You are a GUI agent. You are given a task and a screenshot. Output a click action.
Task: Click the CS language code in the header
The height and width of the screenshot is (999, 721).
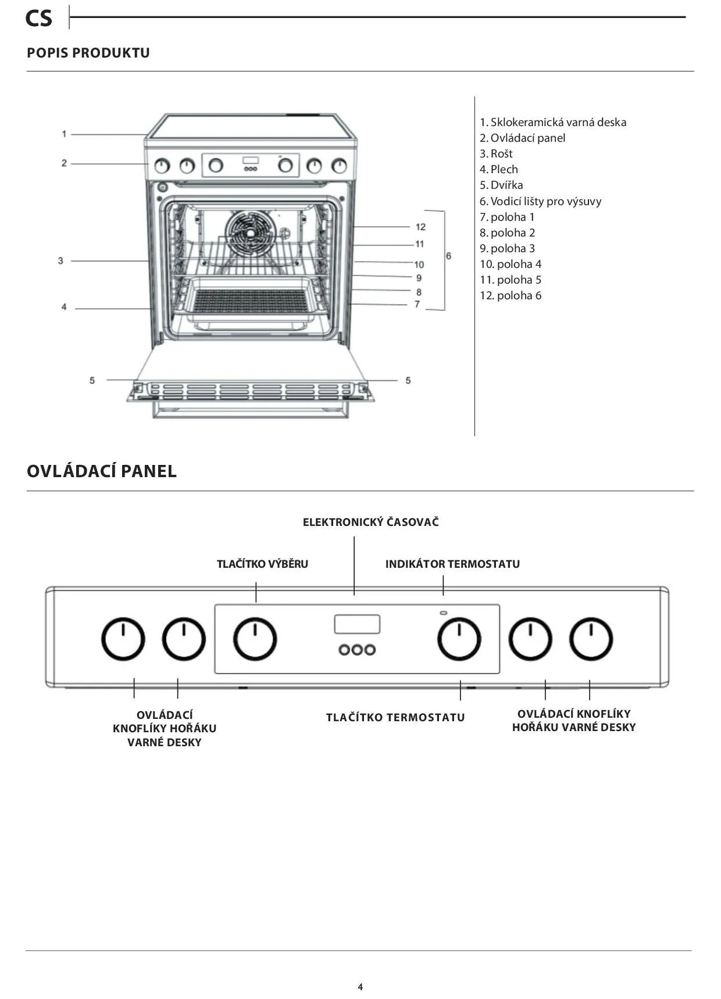(38, 19)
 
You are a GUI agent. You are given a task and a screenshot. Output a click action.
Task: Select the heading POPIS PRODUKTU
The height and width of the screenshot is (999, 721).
(88, 53)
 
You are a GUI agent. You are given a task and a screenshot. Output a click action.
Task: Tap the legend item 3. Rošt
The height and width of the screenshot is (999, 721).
(496, 153)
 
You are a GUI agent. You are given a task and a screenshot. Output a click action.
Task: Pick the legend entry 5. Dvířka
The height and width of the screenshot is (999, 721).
(501, 185)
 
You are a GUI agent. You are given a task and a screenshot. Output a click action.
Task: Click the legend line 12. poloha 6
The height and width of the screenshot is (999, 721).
(511, 295)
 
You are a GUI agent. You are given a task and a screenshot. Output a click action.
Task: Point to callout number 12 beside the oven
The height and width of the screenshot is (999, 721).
(420, 227)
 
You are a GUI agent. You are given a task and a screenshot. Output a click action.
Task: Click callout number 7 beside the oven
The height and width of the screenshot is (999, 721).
(417, 304)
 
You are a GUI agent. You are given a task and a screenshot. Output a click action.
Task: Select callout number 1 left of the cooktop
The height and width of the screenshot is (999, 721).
(64, 134)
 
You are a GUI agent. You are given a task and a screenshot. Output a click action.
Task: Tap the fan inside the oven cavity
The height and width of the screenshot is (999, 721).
(249, 232)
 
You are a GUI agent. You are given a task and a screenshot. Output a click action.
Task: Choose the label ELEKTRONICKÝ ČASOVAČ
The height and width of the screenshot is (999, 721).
(370, 522)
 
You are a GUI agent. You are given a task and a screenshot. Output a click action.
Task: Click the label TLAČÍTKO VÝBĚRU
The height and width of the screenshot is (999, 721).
(262, 564)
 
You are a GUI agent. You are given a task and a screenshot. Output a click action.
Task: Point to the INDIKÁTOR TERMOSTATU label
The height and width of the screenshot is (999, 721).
(452, 564)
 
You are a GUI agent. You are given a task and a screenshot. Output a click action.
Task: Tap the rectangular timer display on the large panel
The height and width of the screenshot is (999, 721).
(357, 624)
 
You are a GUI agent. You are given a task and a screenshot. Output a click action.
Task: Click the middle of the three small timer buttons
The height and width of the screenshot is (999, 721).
(357, 649)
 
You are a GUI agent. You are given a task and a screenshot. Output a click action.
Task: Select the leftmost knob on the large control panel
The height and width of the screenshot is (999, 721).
(123, 639)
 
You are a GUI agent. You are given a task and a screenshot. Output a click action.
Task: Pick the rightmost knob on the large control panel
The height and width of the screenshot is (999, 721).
(591, 639)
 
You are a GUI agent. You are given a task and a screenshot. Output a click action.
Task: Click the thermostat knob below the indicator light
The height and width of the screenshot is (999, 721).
(459, 639)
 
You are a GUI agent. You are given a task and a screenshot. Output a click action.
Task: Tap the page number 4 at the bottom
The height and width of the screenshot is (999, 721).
(360, 986)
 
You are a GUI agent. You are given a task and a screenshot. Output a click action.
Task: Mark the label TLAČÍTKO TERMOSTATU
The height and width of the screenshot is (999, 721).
(395, 717)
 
